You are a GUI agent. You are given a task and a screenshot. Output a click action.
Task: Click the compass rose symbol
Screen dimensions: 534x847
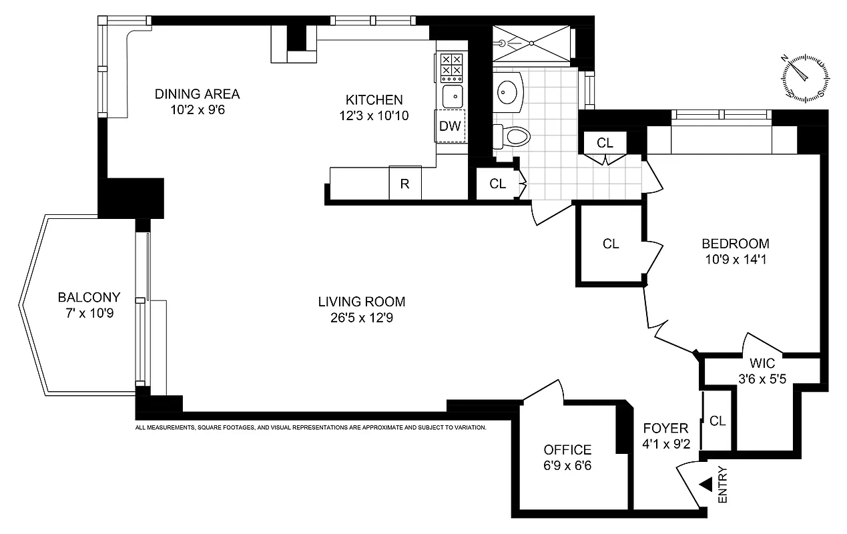(807, 77)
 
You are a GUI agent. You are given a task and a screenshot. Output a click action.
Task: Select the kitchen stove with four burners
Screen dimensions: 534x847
(452, 65)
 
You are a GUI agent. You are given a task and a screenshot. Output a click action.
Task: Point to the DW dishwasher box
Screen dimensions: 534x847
(451, 127)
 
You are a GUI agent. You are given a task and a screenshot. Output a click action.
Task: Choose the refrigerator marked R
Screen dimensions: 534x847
(405, 184)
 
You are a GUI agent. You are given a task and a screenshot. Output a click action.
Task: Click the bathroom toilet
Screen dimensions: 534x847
(513, 137)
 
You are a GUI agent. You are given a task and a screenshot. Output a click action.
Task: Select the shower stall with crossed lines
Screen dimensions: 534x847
(532, 43)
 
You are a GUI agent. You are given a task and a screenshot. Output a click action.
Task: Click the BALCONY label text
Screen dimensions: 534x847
(89, 298)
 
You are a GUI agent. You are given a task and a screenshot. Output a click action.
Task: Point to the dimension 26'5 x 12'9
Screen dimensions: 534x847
(362, 318)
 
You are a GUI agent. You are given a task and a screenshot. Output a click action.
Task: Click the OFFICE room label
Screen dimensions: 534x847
(567, 450)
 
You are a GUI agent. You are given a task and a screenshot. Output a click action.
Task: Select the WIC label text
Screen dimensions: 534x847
(761, 364)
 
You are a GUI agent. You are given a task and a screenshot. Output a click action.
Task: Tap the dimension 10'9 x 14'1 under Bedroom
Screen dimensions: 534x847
(735, 260)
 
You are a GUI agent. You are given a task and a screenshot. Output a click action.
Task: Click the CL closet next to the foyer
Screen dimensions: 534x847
(718, 421)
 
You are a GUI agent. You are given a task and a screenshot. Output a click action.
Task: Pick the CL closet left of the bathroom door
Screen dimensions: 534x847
(498, 184)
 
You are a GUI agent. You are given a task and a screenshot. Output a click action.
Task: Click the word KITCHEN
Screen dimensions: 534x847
(374, 100)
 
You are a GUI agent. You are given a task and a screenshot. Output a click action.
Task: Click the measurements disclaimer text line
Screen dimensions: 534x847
(310, 427)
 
